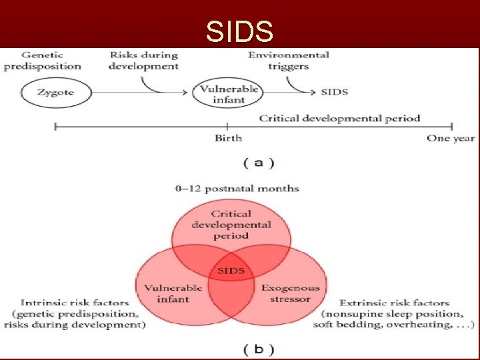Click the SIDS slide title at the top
point(239,31)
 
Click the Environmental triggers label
point(288,60)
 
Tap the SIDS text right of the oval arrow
point(334,92)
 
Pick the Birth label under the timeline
point(228,138)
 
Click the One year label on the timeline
point(451,138)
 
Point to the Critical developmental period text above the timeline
point(339,118)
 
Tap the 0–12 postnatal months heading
point(237,188)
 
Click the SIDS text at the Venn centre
point(231,271)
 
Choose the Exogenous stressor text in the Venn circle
point(290,293)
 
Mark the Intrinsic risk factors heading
point(75,303)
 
